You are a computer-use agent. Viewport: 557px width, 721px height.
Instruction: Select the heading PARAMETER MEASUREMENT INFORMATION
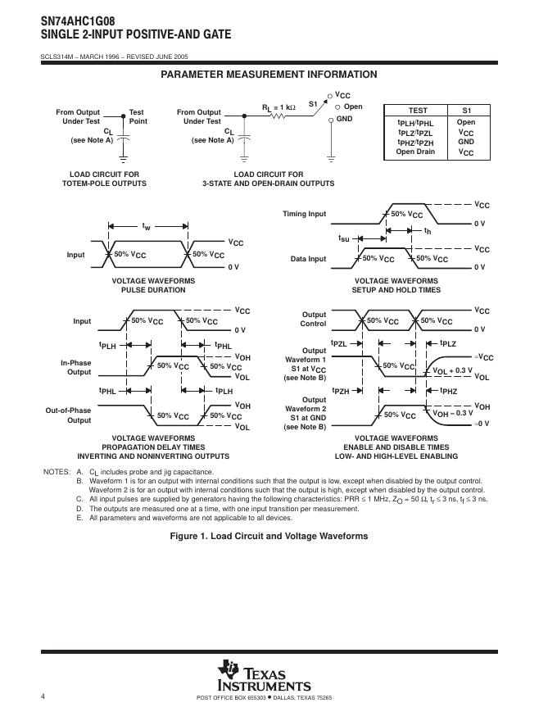point(269,75)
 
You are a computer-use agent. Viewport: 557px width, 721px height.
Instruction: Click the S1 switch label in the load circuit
point(313,104)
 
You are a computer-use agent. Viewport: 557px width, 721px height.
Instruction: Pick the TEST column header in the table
point(418,111)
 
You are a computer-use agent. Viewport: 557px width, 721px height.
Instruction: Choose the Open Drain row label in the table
point(416,152)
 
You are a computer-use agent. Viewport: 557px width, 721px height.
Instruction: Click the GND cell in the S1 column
point(466,142)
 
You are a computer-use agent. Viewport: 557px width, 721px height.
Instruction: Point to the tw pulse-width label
point(146,224)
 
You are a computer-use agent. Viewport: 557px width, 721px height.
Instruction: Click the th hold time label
point(428,232)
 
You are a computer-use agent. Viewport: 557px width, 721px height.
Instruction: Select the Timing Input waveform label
point(305,214)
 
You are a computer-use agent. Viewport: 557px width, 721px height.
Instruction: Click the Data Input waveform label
point(308,259)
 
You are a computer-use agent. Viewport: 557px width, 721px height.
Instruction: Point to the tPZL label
point(339,343)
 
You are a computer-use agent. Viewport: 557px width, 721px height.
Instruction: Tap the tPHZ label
point(449,392)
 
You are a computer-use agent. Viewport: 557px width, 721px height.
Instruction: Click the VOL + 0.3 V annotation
point(453,370)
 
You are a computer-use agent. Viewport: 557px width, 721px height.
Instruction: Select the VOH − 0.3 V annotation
point(453,413)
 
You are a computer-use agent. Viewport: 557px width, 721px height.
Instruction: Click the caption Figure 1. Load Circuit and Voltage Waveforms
point(269,536)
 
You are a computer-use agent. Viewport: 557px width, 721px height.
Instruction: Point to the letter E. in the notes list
point(79,518)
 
